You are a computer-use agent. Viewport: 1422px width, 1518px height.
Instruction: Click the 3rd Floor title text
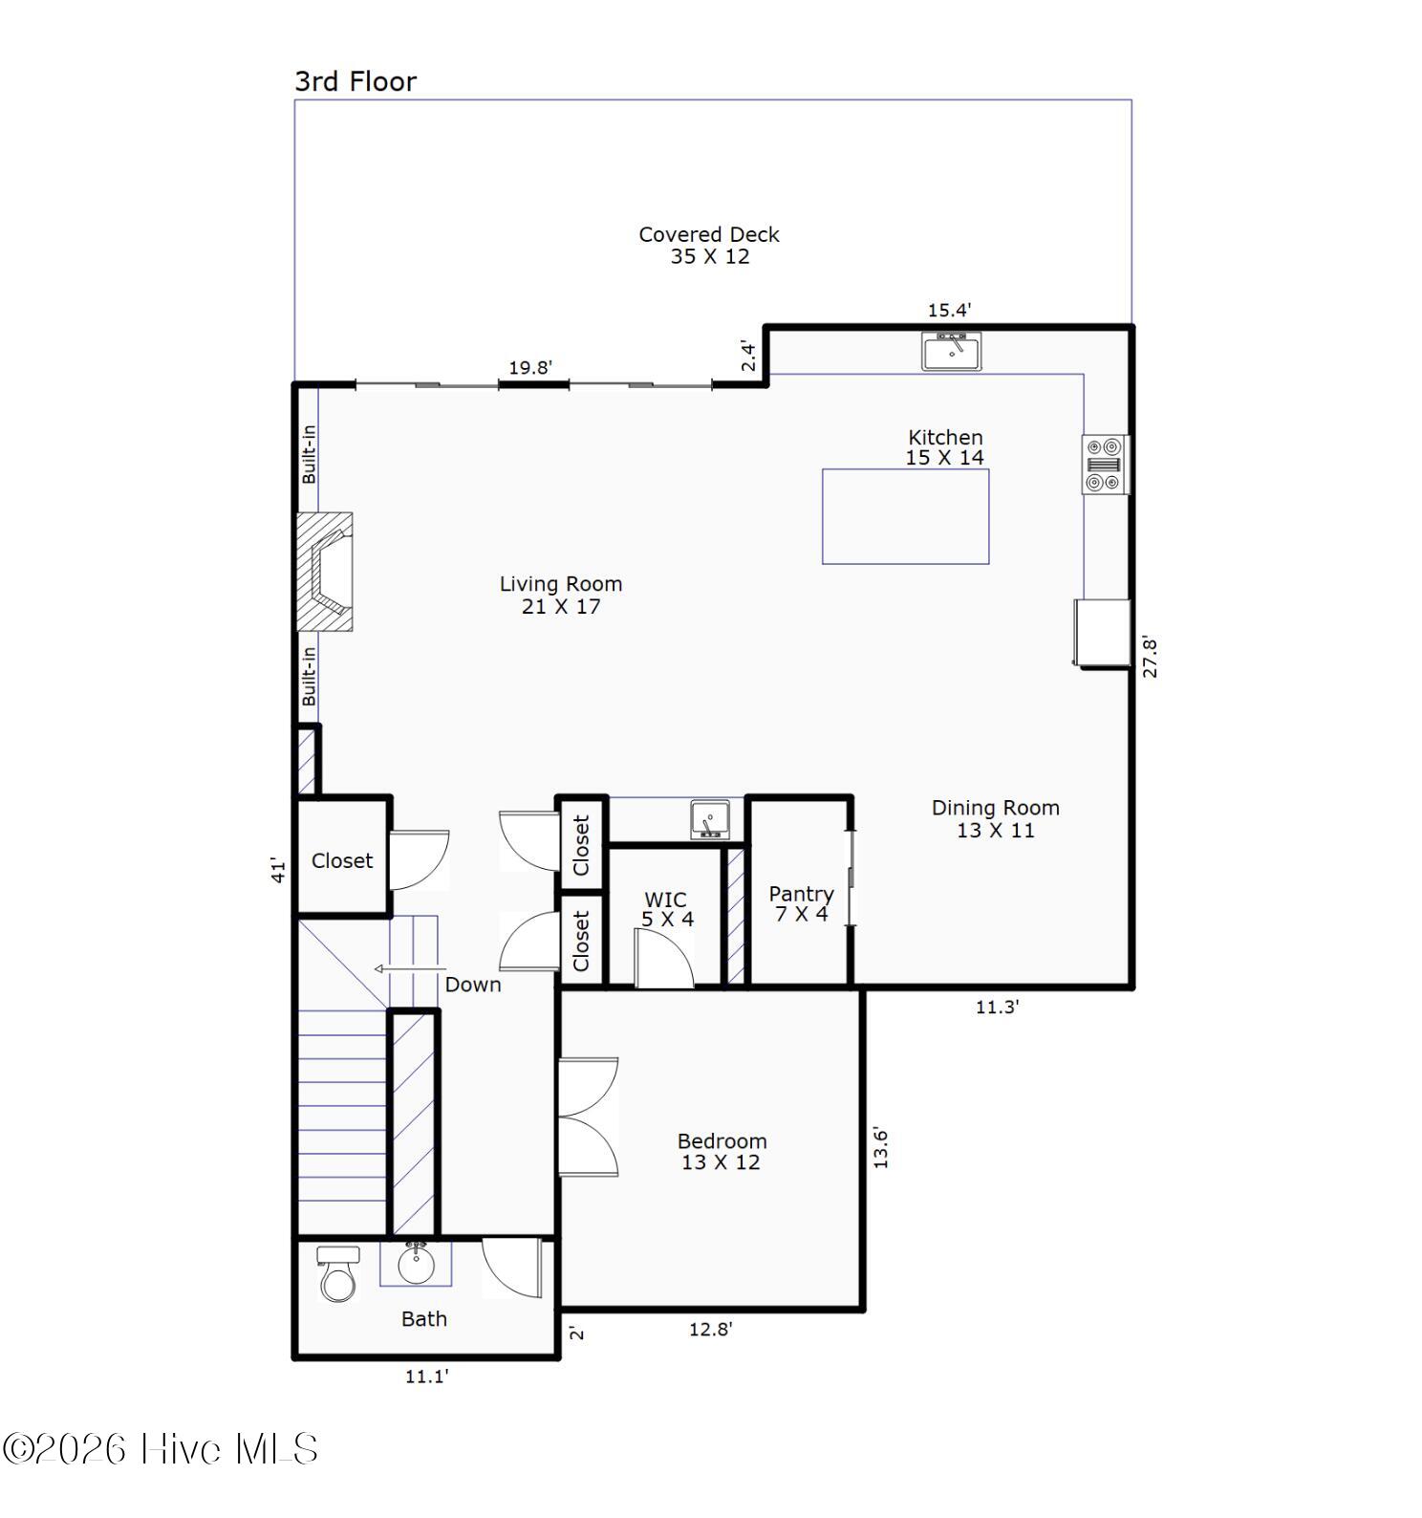355,81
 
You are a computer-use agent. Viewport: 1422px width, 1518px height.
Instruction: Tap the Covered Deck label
708,245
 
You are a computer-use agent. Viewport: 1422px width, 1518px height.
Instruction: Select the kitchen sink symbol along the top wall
951,351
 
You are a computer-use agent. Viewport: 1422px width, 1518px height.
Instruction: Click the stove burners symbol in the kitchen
1104,465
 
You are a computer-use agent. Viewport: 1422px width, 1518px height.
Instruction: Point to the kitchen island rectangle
905,516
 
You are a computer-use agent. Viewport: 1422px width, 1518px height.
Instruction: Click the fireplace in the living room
325,571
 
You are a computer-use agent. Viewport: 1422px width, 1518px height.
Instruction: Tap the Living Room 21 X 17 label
560,595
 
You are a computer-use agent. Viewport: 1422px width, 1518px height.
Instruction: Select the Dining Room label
995,818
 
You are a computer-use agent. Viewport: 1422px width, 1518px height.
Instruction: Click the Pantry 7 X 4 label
801,903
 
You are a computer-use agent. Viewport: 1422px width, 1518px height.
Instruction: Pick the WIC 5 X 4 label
666,909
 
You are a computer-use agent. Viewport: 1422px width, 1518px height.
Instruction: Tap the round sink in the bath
416,1266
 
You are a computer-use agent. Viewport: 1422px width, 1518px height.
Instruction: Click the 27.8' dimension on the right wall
1150,658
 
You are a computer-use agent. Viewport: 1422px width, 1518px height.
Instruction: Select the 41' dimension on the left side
278,869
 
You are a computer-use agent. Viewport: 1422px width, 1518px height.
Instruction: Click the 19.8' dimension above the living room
530,367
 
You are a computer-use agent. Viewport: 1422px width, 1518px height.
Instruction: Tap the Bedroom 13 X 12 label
722,1151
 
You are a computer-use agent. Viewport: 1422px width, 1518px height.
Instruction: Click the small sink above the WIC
709,820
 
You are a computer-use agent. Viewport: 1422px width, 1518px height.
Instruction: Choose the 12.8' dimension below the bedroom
710,1329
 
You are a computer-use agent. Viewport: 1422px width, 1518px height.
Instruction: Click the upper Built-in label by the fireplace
309,454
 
